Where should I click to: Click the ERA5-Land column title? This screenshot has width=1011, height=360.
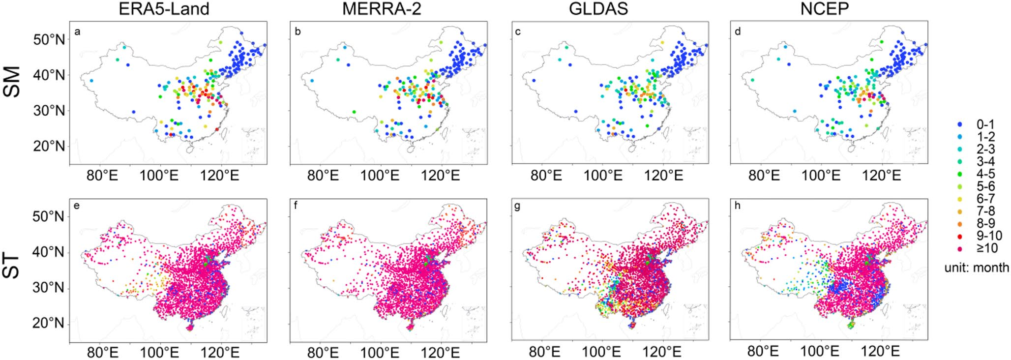click(x=164, y=9)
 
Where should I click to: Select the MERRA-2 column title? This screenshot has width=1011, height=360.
click(x=382, y=9)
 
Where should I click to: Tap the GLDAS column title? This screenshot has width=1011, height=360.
click(x=598, y=9)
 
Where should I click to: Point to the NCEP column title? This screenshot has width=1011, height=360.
click(x=825, y=9)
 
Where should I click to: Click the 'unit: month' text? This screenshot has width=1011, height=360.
click(x=977, y=268)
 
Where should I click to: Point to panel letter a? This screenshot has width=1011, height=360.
click(x=77, y=32)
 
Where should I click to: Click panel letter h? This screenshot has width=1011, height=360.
click(x=737, y=206)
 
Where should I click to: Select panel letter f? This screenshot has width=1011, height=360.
click(x=296, y=206)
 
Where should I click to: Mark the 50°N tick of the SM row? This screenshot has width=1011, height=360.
click(x=49, y=40)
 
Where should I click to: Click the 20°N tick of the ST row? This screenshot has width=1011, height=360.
click(x=49, y=324)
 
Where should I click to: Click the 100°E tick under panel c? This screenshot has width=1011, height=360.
click(x=603, y=175)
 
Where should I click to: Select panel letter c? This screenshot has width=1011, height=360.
click(x=518, y=32)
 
